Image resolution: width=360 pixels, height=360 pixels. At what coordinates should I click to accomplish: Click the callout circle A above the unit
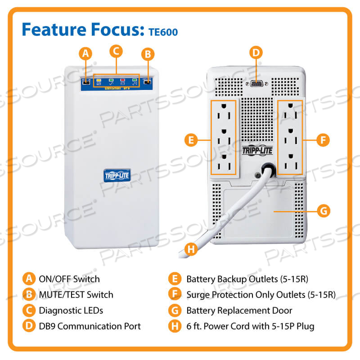pyautogui.click(x=85, y=54)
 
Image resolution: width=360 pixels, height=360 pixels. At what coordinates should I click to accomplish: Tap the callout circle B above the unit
pyautogui.click(x=148, y=54)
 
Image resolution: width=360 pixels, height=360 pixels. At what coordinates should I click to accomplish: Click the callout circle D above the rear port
pyautogui.click(x=256, y=52)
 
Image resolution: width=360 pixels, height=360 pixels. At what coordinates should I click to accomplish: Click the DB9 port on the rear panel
pyautogui.click(x=256, y=84)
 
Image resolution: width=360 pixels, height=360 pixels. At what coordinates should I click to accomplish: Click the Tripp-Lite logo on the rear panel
pyautogui.click(x=256, y=150)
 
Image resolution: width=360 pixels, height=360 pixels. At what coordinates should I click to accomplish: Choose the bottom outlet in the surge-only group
pyautogui.click(x=289, y=163)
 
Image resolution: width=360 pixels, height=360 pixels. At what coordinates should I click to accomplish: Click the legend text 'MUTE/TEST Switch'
pyautogui.click(x=76, y=295)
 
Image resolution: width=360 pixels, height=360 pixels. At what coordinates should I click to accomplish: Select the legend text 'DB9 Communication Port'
pyautogui.click(x=90, y=326)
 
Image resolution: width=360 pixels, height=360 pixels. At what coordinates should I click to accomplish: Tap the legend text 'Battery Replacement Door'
pyautogui.click(x=239, y=311)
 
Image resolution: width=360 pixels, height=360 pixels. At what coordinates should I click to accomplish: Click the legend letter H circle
pyautogui.click(x=175, y=326)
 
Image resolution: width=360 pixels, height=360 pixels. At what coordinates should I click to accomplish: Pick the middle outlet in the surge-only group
pyautogui.click(x=289, y=138)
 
